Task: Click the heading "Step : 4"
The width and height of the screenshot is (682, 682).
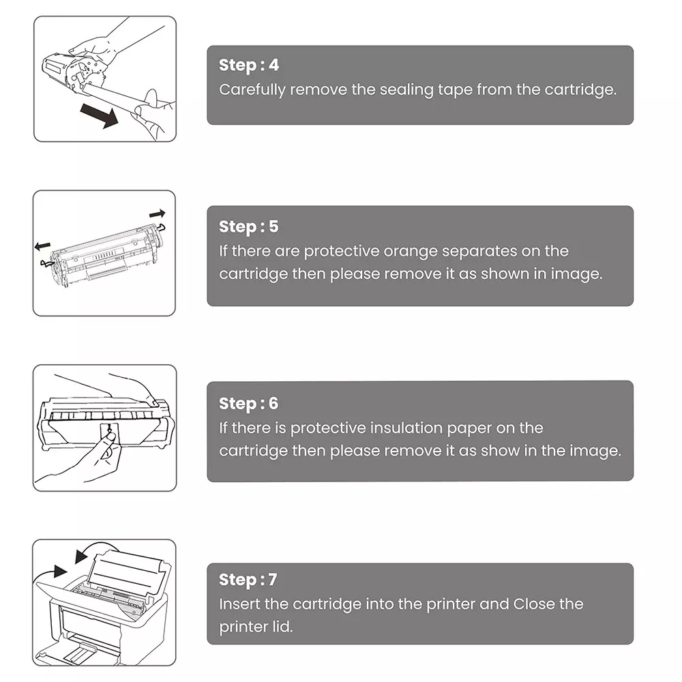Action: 249,65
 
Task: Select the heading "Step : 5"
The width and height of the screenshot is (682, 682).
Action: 249,226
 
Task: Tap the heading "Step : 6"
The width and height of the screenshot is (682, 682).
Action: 249,403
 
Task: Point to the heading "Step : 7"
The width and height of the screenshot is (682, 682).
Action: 248,580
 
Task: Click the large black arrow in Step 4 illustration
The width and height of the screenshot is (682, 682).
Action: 97,116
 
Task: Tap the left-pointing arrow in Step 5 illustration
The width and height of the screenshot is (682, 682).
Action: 43,243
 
